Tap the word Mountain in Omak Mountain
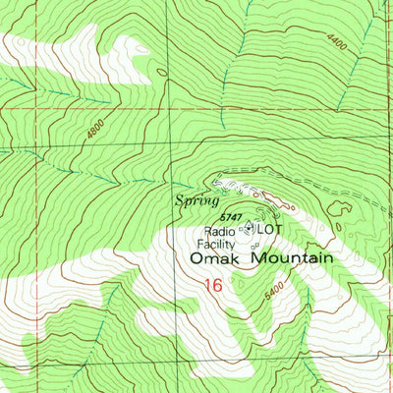pyautogui.click(x=292, y=257)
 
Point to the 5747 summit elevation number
pyautogui.click(x=231, y=215)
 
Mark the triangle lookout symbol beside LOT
pyautogui.click(x=250, y=228)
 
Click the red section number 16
pyautogui.click(x=214, y=285)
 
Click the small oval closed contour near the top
pyautogui.click(x=161, y=71)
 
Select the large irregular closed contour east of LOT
pyautogui.click(x=341, y=209)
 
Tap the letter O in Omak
pyautogui.click(x=196, y=258)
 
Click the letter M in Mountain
pyautogui.click(x=258, y=257)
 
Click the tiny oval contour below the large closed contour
pyautogui.click(x=338, y=228)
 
